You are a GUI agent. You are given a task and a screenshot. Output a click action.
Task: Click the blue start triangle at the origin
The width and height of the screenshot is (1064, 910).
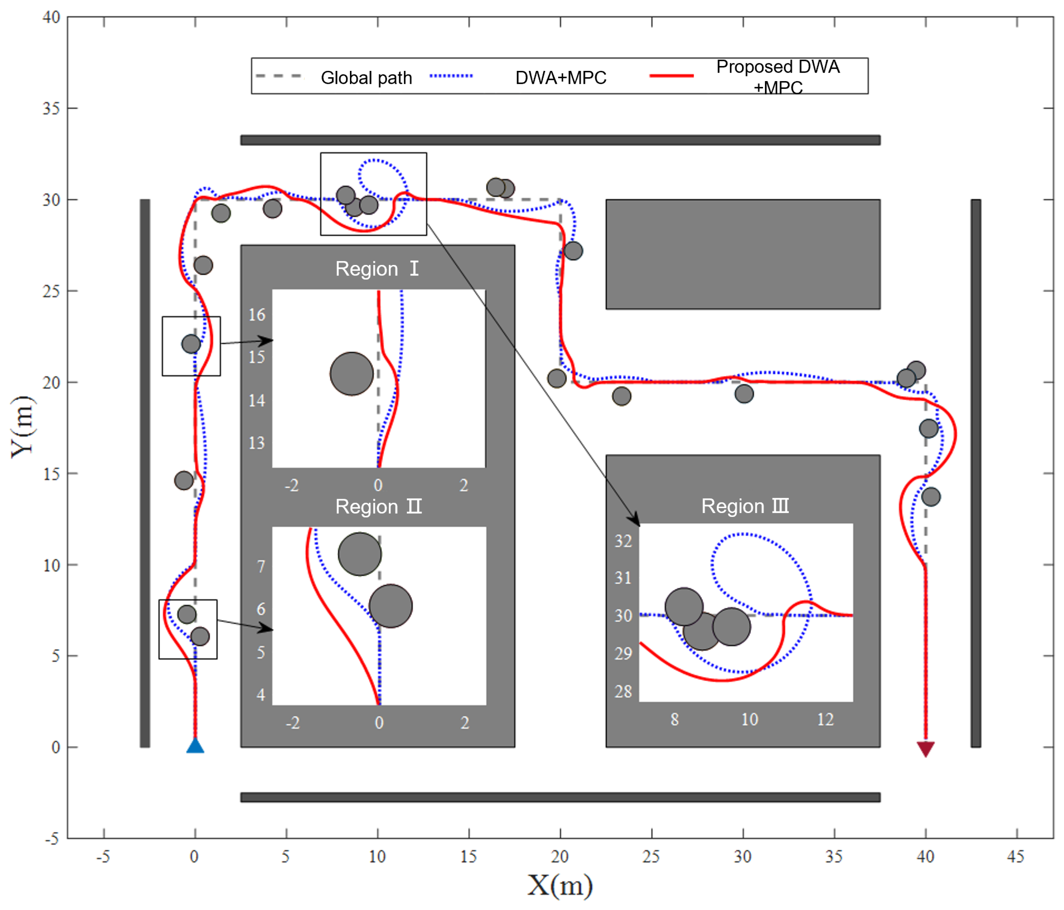point(195,746)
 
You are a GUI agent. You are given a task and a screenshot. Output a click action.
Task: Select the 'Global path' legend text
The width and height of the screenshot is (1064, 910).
point(366,78)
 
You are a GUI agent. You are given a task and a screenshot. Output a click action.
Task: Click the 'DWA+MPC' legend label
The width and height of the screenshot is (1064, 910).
point(561,78)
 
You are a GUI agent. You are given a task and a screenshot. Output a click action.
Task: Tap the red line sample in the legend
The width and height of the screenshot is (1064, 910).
point(671,76)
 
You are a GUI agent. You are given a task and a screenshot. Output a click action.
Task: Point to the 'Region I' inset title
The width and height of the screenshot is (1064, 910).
point(377,269)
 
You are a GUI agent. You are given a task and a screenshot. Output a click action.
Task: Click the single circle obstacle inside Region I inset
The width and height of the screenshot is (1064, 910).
point(352,374)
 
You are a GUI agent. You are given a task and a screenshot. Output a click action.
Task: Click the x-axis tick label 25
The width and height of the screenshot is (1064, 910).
point(651,856)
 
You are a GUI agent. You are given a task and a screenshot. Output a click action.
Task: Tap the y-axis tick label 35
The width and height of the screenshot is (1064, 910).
point(51,109)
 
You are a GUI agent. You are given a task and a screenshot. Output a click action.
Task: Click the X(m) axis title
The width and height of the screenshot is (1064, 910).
point(560,885)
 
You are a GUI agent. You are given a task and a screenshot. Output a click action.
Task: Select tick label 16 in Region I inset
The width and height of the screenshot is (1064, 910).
point(257,315)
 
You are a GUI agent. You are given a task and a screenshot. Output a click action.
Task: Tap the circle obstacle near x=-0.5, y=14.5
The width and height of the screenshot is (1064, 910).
point(184,480)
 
